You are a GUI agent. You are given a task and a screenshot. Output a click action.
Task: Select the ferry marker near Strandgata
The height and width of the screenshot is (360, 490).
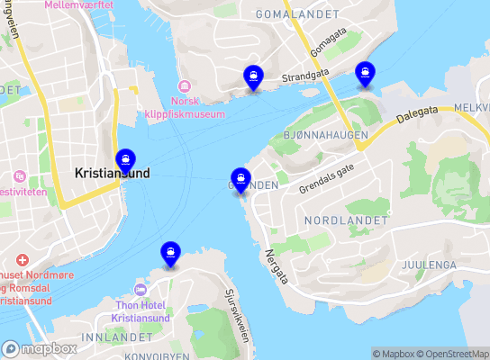coord(254,77)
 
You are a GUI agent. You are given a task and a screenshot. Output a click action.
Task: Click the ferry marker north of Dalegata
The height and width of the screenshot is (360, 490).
coord(365,73)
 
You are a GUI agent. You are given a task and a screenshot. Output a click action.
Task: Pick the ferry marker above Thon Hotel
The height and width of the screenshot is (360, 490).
coord(169,254)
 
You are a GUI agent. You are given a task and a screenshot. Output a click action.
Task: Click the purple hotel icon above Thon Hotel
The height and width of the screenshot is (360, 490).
coord(139,290)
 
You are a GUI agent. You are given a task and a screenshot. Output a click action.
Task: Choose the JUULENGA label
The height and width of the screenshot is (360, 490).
coord(426,265)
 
